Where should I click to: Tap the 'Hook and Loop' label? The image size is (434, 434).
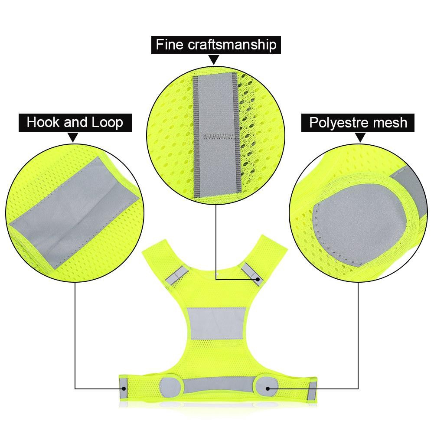click(x=75, y=122)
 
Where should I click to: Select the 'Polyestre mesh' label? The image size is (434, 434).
click(x=358, y=123)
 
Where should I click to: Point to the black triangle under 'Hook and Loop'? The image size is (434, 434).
click(x=73, y=137)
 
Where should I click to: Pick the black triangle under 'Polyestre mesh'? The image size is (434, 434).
click(x=359, y=137)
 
